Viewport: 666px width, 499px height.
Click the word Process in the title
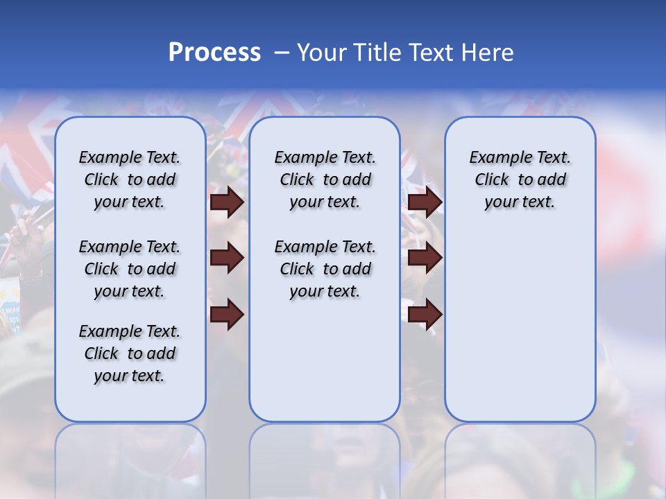(x=214, y=53)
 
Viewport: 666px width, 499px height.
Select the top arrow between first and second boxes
(x=227, y=202)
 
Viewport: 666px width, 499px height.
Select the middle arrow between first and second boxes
(x=227, y=259)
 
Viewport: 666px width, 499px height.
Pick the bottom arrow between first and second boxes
(x=227, y=314)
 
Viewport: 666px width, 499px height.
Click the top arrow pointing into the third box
(x=425, y=202)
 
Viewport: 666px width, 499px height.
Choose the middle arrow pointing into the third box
(x=425, y=259)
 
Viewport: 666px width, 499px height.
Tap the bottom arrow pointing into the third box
(x=425, y=314)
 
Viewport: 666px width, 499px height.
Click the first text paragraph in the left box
(x=130, y=180)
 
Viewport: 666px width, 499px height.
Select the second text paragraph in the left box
(x=130, y=269)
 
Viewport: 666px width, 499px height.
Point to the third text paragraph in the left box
(x=130, y=353)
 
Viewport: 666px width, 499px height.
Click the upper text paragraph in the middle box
(x=325, y=180)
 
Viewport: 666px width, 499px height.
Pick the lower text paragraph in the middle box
(x=325, y=269)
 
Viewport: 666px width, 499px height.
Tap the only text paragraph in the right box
(x=520, y=180)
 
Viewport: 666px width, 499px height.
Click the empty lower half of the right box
(x=520, y=333)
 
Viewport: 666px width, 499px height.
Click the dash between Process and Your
(x=282, y=53)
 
